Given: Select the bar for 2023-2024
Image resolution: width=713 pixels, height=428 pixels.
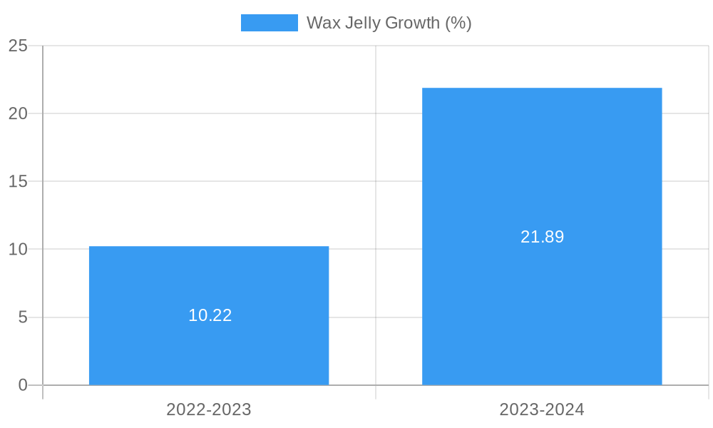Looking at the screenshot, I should coord(542,300).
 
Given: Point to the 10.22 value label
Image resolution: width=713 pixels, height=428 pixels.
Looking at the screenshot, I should coord(210,315).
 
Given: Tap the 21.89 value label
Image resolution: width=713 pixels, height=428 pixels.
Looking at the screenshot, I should coord(542,237).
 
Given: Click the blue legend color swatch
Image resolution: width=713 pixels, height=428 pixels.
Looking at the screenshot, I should coord(269,23).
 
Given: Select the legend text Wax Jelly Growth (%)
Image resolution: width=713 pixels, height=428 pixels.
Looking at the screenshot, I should coord(389,23).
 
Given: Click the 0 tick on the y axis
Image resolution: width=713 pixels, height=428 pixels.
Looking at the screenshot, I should coord(23,385).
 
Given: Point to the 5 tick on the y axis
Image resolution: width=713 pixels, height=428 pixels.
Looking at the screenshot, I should coord(23,317).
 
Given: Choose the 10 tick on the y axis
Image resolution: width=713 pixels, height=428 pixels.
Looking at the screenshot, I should coord(18,250).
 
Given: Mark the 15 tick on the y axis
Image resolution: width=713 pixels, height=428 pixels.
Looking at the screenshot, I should coord(18,181).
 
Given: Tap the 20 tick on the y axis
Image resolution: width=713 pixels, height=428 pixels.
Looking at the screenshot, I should coord(18,113).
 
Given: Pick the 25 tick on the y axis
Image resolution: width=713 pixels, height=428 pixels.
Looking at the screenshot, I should coord(18,46).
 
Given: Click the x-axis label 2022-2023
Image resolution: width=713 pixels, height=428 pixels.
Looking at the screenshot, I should coord(209,409).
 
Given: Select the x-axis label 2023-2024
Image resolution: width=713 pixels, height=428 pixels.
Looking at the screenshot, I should coord(542,409).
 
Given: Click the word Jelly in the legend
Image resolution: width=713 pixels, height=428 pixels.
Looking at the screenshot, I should coord(362,23).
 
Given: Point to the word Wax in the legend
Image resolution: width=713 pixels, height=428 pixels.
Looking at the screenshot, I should coord(323,23).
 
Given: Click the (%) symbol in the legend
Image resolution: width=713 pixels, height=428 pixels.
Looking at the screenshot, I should coord(458,23).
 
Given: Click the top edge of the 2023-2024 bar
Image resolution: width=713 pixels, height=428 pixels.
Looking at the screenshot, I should coord(542,88).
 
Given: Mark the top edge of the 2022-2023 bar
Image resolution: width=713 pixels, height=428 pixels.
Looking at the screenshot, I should coord(209,247).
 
